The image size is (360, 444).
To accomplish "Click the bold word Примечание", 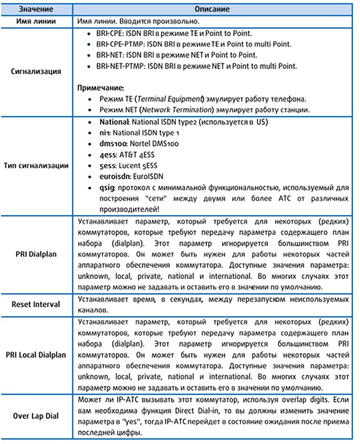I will [101, 88].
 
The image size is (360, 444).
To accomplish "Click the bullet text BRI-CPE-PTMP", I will [115, 45].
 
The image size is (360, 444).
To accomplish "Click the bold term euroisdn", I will [107, 176].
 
